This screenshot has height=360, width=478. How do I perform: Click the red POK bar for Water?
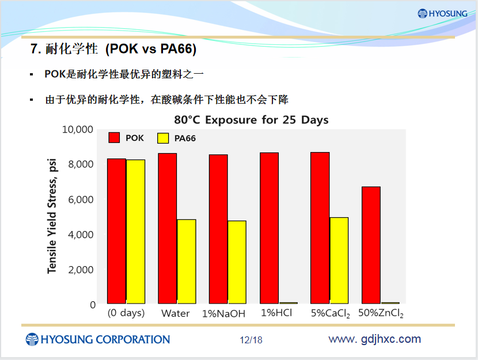168,228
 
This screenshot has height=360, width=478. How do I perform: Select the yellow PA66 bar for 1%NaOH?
237,262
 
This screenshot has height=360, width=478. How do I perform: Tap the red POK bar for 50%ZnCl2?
371,245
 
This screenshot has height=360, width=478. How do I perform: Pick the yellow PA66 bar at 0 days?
136,232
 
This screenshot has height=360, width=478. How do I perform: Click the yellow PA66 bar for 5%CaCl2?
339,260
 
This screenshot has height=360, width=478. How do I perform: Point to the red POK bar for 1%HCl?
269,228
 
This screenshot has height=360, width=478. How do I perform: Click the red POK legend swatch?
114,138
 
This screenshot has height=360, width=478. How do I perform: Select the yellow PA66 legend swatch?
163,138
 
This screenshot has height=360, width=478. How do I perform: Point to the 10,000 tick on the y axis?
77,130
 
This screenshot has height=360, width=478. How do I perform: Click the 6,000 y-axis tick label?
81,200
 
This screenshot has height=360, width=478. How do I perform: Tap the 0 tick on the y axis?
93,305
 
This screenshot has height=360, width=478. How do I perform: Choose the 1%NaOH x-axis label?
224,314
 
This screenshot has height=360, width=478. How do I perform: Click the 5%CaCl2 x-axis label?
331,314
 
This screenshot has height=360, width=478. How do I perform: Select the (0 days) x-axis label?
126,313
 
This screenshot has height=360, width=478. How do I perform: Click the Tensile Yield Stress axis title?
52,216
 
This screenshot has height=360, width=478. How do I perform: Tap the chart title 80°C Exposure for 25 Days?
251,120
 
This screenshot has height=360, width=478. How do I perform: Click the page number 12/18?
251,340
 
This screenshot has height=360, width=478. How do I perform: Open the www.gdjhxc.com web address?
375,339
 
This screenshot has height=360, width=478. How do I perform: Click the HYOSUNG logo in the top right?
442,13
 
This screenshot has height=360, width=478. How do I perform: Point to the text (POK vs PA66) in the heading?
151,49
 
